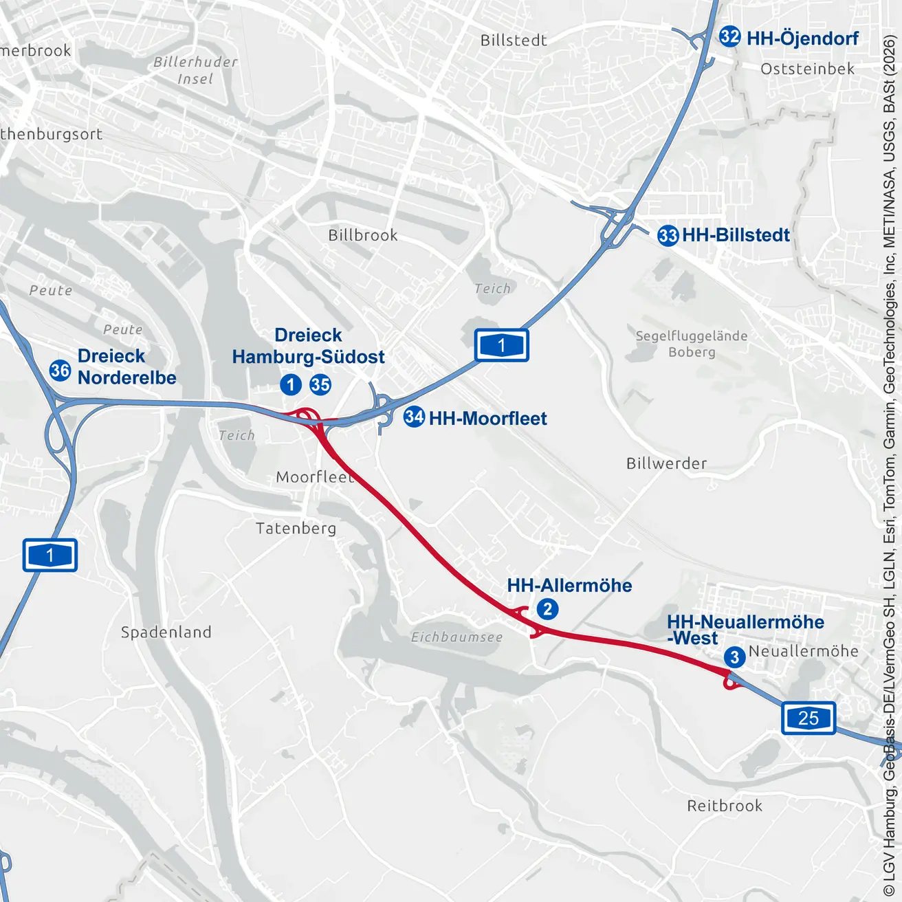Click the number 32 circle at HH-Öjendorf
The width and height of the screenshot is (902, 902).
coord(729,36)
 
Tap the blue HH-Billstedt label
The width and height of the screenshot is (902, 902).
coord(736,235)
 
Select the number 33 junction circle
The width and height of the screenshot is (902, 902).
coord(668,236)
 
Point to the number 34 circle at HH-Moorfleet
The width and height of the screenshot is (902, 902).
coord(414,417)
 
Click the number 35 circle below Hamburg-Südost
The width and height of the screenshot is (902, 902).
coord(320,384)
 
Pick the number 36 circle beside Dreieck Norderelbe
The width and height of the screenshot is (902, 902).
coord(60,371)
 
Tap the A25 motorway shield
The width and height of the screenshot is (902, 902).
coord(808,718)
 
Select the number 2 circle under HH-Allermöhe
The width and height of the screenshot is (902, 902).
coord(547,609)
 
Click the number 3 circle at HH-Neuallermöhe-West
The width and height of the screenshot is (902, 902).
coord(734,657)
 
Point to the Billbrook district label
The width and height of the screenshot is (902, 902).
coord(363,235)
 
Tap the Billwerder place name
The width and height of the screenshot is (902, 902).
coord(666,463)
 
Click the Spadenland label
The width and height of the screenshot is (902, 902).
coord(166,632)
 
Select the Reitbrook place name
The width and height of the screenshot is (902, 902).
coord(725,806)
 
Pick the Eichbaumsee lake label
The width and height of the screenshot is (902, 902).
coord(457,637)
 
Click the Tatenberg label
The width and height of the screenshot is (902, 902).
coord(296,528)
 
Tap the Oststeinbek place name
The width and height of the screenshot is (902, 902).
coord(807,69)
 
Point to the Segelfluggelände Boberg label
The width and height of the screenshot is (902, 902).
coord(691,344)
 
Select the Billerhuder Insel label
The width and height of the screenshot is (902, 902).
coord(195,70)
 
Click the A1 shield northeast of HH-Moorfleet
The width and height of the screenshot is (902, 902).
coord(501,345)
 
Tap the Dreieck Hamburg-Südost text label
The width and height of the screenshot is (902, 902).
coord(309,346)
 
